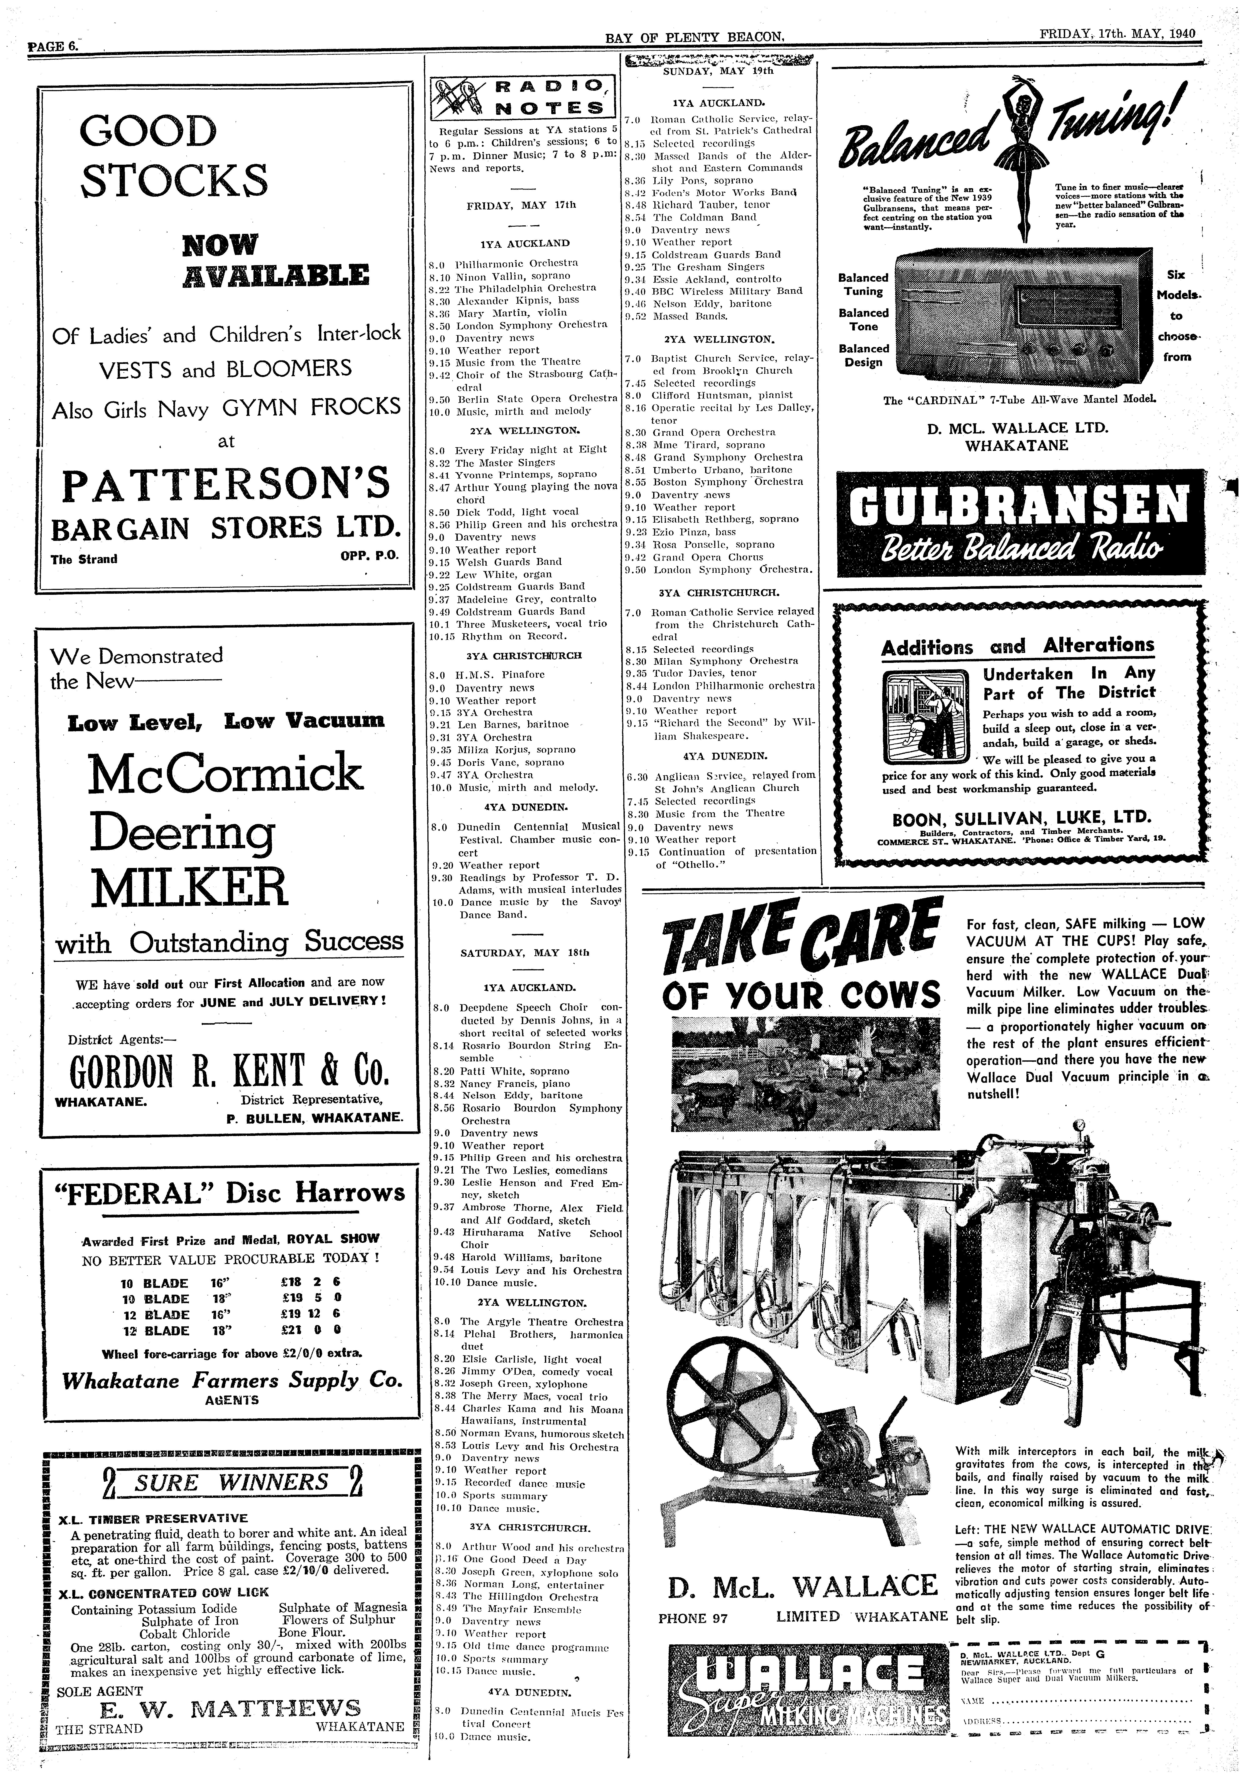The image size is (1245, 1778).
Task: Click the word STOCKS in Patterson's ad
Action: point(175,180)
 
